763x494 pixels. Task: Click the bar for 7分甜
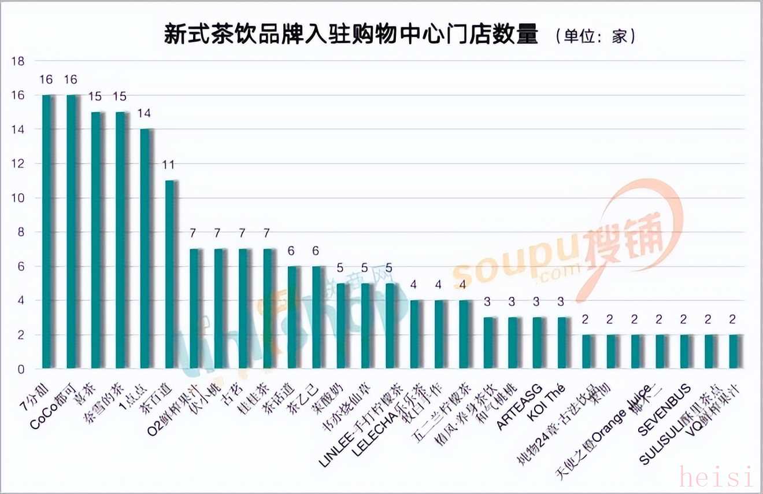click(x=49, y=231)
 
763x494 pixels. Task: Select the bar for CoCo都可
click(x=73, y=231)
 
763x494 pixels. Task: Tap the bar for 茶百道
click(x=171, y=275)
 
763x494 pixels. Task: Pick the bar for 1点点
click(x=146, y=249)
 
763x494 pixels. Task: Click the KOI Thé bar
click(x=562, y=343)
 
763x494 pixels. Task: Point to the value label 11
click(x=168, y=165)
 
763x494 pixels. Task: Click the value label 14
click(x=144, y=113)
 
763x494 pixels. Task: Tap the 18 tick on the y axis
click(x=18, y=61)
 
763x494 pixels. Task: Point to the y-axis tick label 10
click(x=18, y=198)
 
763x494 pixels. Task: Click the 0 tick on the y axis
click(x=21, y=369)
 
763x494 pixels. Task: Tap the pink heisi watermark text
click(x=717, y=477)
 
